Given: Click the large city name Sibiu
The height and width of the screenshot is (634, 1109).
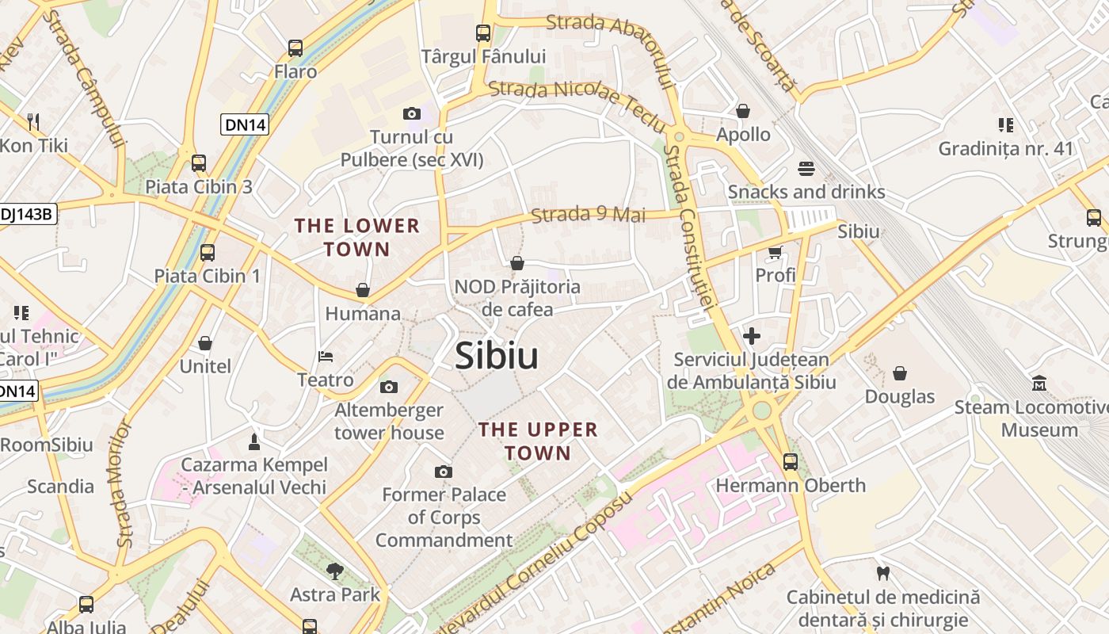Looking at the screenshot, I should [x=497, y=357].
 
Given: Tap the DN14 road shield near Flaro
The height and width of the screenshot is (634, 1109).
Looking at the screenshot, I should [x=245, y=124].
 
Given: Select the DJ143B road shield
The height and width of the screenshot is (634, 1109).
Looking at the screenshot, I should [x=27, y=214].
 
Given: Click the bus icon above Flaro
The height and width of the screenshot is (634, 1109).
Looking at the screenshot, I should [x=295, y=48].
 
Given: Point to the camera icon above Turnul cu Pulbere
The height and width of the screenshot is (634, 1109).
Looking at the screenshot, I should [x=411, y=113].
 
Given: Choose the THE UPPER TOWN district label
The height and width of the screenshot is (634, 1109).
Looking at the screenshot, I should [x=538, y=441].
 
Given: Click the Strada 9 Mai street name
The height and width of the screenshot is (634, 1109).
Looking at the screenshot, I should [x=588, y=215].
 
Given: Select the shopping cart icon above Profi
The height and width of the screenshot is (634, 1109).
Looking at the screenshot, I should [x=775, y=252].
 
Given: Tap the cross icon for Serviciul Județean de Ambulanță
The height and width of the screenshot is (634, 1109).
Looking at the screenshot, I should [x=751, y=336].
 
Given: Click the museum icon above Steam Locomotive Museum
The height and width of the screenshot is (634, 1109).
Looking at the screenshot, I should [x=1039, y=384].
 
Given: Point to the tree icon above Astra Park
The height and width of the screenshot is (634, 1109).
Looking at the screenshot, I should [x=335, y=571].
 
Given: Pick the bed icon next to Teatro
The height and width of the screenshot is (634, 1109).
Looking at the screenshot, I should [x=325, y=357].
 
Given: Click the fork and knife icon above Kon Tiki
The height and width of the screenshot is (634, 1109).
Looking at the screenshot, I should [x=33, y=121].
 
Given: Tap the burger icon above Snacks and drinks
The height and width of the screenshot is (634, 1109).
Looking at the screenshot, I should [x=806, y=168].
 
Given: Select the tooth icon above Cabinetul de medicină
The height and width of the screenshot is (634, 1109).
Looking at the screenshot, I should [x=882, y=573].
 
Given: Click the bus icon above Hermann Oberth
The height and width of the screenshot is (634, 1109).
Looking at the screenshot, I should [x=790, y=461].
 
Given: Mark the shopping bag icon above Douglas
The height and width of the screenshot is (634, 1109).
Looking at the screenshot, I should [x=900, y=372].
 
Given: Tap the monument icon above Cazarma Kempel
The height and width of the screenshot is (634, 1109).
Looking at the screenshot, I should [x=254, y=441].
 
